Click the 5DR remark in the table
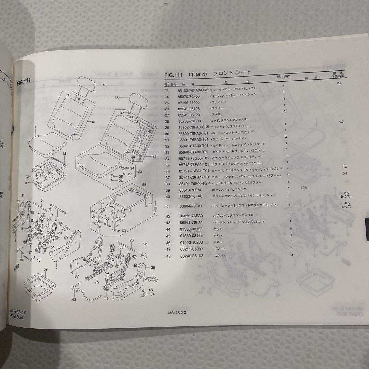click(x=304, y=188)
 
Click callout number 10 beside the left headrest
click(x=105, y=85)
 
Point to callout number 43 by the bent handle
click(x=74, y=300)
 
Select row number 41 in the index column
click(x=167, y=206)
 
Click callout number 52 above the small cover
click(x=145, y=244)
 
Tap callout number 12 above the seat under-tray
click(x=64, y=154)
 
